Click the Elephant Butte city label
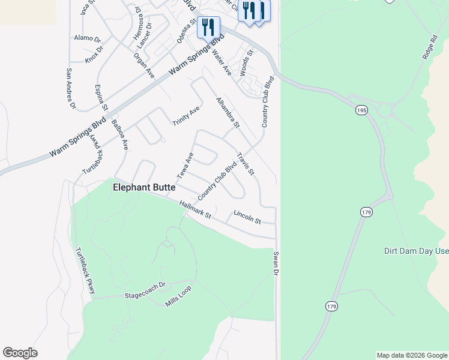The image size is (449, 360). coord(144,188)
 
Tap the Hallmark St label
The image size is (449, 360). coord(196,210)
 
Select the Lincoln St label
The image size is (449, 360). coord(247,217)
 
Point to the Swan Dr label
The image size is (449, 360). coord(276,264)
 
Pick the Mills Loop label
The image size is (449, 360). coord(178,301)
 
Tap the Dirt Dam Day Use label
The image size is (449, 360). coord(416,251)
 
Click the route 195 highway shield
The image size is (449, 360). coord(361,110)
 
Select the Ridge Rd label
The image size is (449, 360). coord(428,46)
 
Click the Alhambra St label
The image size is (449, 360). coord(228,112)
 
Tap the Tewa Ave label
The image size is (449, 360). coord(185,166)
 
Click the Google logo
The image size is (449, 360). coord(20,353)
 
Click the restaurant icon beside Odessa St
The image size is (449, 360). coord(208,28)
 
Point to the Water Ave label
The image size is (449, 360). coord(222,63)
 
